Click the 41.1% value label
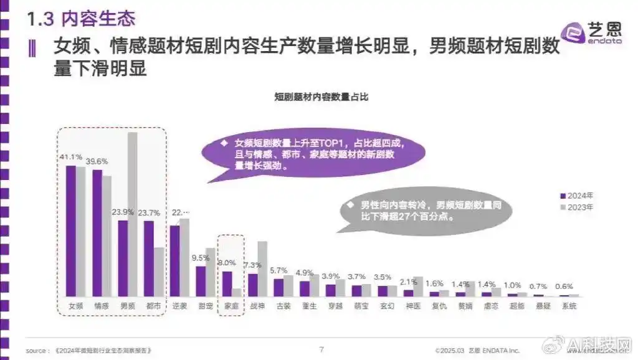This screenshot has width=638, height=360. click(x=70, y=156)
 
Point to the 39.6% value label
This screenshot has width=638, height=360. click(x=97, y=161)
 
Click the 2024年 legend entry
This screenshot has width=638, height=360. click(x=581, y=194)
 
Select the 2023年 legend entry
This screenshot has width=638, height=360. click(x=581, y=206)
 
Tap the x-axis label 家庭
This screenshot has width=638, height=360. click(x=231, y=306)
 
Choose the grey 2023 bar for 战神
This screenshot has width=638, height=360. click(x=262, y=268)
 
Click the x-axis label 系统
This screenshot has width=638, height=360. click(x=569, y=306)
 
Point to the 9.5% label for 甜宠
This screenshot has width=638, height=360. click(x=201, y=258)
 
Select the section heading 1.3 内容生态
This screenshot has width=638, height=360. click(x=82, y=19)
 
